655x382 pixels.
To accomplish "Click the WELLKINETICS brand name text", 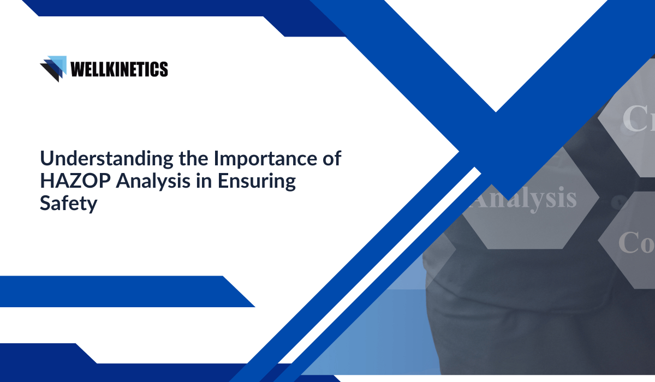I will coord(119,69).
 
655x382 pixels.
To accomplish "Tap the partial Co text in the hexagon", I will coord(636,242).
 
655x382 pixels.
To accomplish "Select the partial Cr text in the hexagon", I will coord(639,119).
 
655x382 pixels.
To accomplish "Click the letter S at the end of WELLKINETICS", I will coord(164,69).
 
